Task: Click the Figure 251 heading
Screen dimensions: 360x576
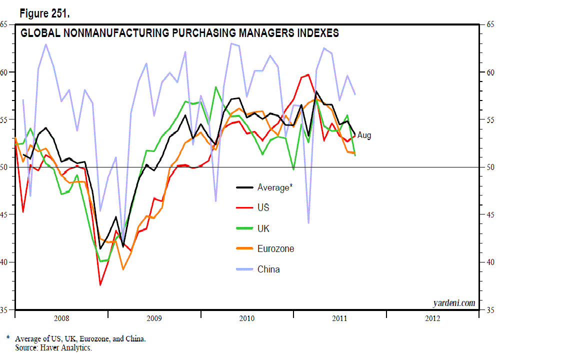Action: coord(44,13)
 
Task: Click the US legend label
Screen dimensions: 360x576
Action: coord(263,207)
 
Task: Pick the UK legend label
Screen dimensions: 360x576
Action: coord(263,228)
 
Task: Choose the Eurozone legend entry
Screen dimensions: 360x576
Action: coord(275,248)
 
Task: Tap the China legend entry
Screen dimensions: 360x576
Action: coord(268,269)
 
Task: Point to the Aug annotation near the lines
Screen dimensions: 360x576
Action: coord(364,135)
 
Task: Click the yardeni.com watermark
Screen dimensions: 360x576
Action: coord(453,303)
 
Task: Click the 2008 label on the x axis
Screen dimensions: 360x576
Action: coord(61,318)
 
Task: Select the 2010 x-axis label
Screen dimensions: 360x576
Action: coord(247,318)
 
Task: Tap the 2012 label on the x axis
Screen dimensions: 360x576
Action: coord(432,318)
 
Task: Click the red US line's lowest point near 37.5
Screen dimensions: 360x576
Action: coord(100,285)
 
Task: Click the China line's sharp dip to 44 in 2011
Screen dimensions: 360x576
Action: coord(308,223)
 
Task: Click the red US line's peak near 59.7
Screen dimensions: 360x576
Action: coord(308,74)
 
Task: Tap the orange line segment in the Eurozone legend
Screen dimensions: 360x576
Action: coord(244,248)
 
